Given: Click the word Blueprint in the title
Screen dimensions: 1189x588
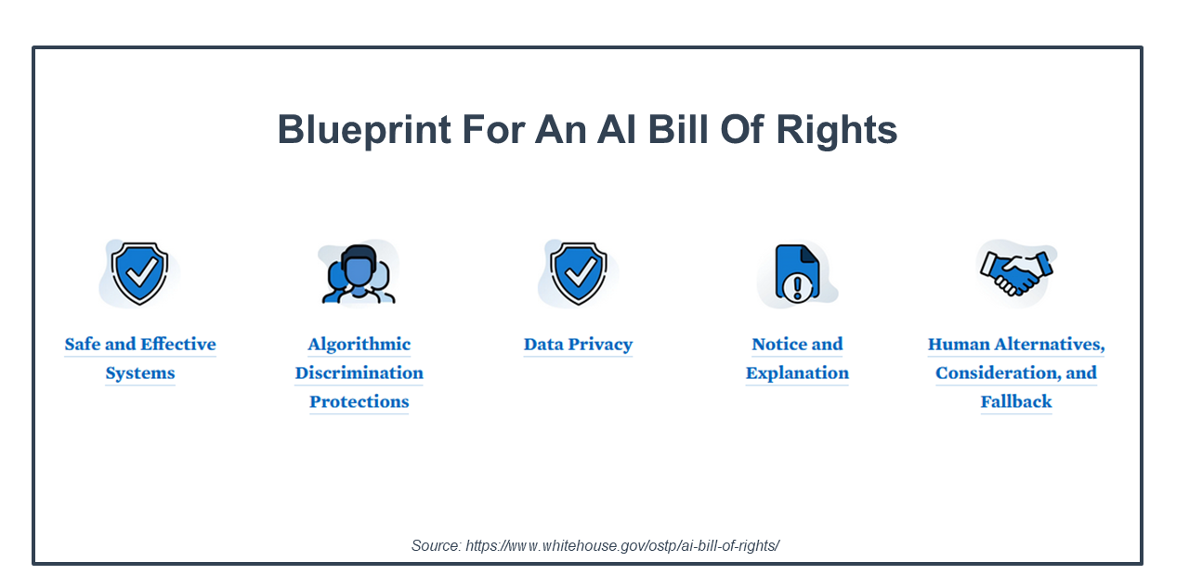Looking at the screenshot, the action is coord(364,130).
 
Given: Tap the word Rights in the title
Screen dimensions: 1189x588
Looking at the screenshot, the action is coord(837,130).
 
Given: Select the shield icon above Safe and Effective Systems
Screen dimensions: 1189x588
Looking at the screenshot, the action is coord(139,274).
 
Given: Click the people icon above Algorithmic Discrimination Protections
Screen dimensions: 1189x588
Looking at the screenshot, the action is coord(359,274).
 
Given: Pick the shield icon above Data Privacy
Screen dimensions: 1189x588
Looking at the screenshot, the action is coord(578,274).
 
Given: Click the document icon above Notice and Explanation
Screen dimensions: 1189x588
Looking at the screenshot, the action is coord(797,274).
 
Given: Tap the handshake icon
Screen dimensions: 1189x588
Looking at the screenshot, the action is coord(1016,273).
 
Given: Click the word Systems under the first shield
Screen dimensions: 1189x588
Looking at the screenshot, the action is coord(140,373).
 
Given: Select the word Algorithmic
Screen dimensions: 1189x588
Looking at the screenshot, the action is coord(359,345).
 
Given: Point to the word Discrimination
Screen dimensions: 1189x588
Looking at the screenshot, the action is coord(359,373).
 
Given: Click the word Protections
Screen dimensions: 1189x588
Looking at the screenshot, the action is coord(359,401).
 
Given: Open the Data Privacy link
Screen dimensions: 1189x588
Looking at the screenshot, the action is coord(578,345).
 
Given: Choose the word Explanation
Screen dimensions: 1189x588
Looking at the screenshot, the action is coord(797,373).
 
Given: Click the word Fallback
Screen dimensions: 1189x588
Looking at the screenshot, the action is coord(1016,401).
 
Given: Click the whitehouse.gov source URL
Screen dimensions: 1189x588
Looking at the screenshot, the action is coord(622,545).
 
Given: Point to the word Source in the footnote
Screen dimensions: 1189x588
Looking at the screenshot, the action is coord(437,545).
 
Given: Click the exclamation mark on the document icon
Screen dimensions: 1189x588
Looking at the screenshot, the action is coord(797,288).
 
